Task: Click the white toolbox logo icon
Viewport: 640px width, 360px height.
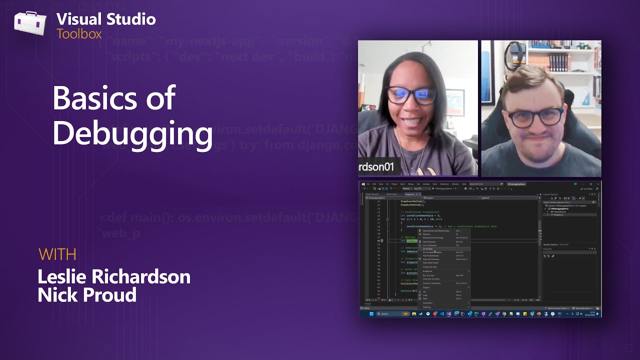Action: pyautogui.click(x=30, y=24)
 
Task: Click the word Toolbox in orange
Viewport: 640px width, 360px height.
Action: pyautogui.click(x=79, y=34)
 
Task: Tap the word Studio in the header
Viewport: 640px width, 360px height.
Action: pyautogui.click(x=130, y=19)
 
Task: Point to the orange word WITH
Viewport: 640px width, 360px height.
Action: pyautogui.click(x=57, y=254)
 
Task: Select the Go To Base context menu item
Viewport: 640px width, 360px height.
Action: pyautogui.click(x=428, y=248)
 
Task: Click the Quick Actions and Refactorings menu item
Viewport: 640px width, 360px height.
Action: pyautogui.click(x=436, y=231)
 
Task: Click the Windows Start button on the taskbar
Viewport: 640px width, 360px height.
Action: pyautogui.click(x=371, y=313)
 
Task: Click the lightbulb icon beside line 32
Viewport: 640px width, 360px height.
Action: pyautogui.click(x=382, y=240)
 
